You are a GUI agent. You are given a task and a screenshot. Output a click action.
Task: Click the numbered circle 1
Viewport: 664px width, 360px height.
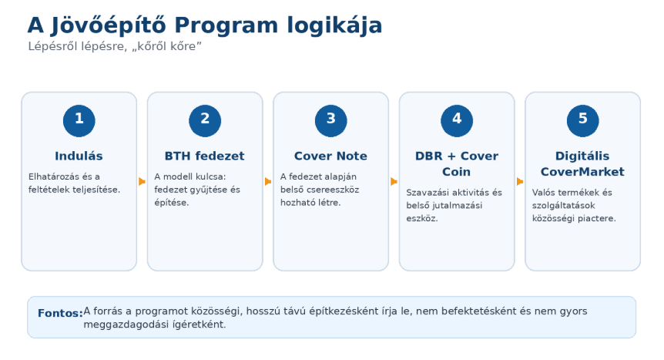(79, 121)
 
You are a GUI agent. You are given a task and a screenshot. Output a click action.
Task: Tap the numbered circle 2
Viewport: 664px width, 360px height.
(205, 121)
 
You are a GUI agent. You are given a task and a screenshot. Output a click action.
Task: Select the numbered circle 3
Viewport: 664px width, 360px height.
(330, 121)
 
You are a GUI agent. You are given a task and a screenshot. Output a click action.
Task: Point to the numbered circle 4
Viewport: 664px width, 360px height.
(457, 121)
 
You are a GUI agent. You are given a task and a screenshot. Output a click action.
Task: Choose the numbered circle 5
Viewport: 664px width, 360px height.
(582, 121)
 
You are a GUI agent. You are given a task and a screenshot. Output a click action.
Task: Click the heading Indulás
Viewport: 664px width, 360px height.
(79, 156)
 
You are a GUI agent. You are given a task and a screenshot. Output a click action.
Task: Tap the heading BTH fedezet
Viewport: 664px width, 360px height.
(205, 156)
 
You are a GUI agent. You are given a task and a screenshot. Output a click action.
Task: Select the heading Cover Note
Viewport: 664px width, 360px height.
(330, 156)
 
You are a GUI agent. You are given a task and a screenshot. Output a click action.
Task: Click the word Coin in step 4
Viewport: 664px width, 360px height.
(457, 172)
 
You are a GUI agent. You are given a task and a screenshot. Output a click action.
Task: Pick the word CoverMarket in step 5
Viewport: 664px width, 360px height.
(582, 172)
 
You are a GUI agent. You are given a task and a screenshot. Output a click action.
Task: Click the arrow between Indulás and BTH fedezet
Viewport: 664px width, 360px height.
(142, 181)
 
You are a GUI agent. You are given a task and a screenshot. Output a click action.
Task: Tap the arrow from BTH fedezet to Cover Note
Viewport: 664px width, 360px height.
(268, 181)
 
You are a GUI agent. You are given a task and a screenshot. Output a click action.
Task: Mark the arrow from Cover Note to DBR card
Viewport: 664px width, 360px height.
(394, 181)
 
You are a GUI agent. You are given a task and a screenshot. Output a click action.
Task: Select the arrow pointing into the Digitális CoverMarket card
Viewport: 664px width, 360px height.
(520, 181)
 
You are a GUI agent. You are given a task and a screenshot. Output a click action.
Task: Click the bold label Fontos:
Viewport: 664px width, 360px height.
(61, 313)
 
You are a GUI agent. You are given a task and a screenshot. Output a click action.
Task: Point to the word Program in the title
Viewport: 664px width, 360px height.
(226, 25)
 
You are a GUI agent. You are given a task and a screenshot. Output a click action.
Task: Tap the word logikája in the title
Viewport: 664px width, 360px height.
(334, 25)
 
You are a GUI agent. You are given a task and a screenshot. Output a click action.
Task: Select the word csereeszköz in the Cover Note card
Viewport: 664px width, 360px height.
(334, 190)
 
